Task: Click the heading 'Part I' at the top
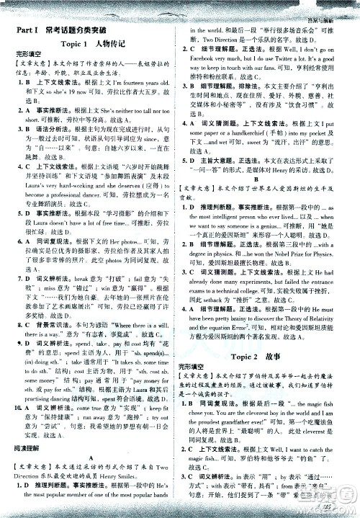click(x=27, y=30)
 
